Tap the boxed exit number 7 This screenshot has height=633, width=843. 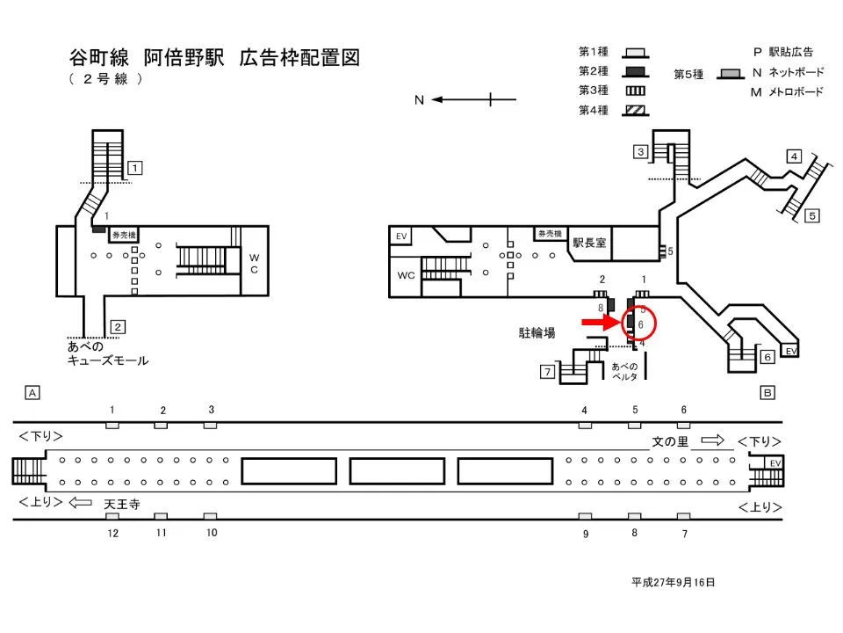[546, 372]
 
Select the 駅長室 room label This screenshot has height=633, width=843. [589, 243]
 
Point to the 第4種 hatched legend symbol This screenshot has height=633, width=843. [635, 111]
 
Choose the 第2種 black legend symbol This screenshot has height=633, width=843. [635, 71]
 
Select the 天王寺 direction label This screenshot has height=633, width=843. [122, 504]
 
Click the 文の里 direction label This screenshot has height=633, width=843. [670, 441]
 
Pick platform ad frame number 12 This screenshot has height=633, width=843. [112, 533]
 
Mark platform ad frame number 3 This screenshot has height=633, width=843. [211, 410]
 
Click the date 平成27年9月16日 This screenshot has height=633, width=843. [674, 582]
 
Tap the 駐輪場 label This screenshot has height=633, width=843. [537, 333]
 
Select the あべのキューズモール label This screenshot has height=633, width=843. [108, 354]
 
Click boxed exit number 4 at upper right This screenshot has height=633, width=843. [793, 156]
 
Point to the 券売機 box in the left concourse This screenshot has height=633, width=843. [122, 236]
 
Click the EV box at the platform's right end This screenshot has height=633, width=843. [774, 463]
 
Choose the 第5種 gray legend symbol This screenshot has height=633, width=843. [727, 75]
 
